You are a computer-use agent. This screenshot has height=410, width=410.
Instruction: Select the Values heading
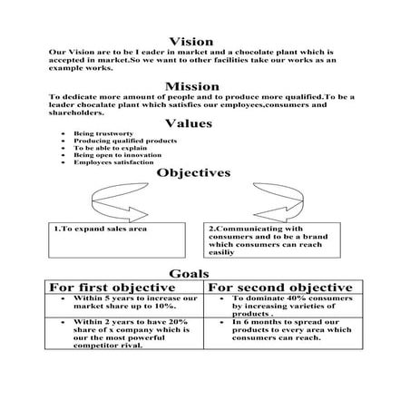click(x=190, y=122)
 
